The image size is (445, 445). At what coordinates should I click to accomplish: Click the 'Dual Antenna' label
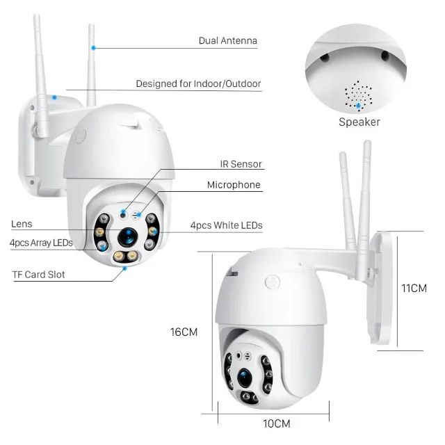[x=227, y=41]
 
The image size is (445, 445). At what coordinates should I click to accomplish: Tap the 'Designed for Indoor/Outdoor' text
[x=198, y=84]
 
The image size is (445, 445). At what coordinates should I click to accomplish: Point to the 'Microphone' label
[x=234, y=185]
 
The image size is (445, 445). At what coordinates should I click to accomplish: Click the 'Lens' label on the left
[x=22, y=225]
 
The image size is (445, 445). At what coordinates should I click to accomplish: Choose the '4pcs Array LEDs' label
[x=42, y=243]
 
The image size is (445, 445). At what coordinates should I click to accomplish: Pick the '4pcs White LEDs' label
[x=226, y=225]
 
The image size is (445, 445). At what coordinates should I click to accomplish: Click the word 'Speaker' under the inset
[x=359, y=122]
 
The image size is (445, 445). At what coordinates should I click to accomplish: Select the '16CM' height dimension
[x=184, y=332]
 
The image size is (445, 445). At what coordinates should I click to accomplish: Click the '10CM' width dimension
[x=276, y=423]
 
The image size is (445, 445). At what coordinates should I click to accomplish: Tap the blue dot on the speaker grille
[x=359, y=106]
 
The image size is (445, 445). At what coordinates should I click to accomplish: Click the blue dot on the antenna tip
[x=92, y=47]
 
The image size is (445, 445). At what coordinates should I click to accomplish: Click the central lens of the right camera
[x=244, y=376]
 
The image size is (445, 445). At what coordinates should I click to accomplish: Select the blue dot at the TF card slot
[x=124, y=272]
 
